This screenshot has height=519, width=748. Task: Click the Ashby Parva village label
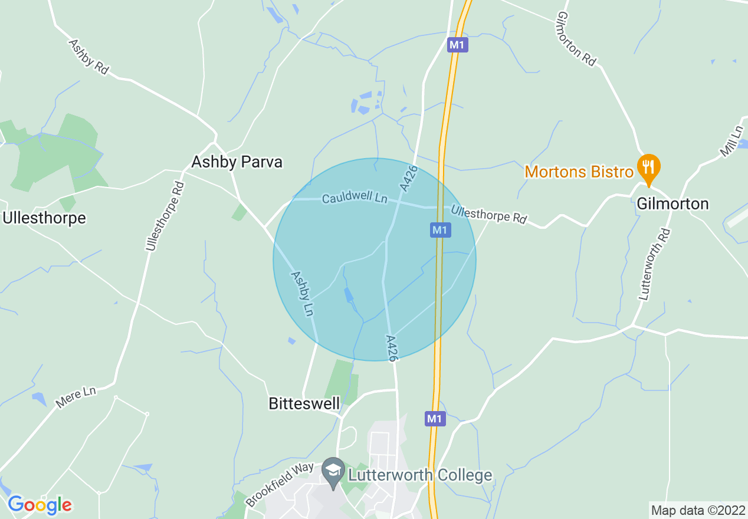237,162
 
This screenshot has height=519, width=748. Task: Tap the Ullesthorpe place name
44,218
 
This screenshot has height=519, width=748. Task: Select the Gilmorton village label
672,204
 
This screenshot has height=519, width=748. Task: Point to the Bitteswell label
304,403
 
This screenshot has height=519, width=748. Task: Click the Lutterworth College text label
419,475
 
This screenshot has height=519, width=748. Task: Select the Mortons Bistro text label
579,172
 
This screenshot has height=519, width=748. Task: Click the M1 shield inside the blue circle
440,230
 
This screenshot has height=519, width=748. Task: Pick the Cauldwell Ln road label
355,199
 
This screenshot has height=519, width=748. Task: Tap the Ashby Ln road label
301,293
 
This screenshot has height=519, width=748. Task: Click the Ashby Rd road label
89,57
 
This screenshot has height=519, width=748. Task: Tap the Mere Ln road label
76,397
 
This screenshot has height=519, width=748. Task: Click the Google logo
40,505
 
